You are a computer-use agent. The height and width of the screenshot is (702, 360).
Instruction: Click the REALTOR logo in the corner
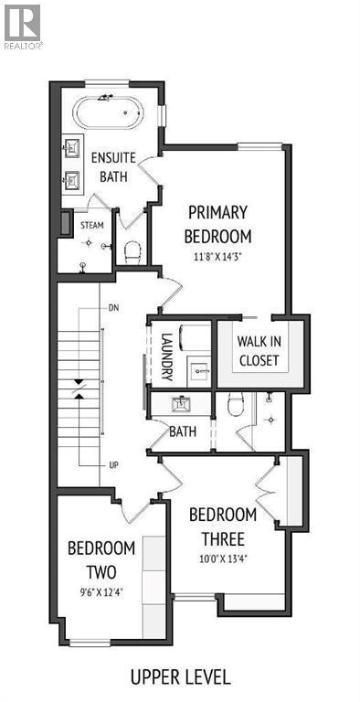point(22,25)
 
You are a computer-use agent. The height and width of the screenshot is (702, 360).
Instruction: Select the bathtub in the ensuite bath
point(109,114)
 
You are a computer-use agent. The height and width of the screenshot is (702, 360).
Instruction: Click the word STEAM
point(92,224)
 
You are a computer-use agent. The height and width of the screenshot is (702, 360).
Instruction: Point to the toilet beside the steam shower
point(132,250)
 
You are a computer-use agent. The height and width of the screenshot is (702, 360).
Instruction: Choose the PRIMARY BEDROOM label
point(218,224)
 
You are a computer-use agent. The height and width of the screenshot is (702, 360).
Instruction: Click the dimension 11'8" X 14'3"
point(218,257)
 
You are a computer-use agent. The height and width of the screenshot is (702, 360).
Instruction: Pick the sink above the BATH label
point(181,402)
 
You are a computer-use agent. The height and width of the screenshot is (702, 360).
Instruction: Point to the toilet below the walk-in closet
point(234,404)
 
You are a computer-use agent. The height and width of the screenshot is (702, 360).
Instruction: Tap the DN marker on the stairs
point(113,308)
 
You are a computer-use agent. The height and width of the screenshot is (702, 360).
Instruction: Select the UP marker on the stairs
point(113,465)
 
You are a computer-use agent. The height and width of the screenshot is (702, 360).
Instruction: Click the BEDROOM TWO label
point(101,560)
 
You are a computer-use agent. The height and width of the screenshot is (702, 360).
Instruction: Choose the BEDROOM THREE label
point(222,527)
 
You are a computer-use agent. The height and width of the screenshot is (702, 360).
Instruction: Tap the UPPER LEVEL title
point(180,677)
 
